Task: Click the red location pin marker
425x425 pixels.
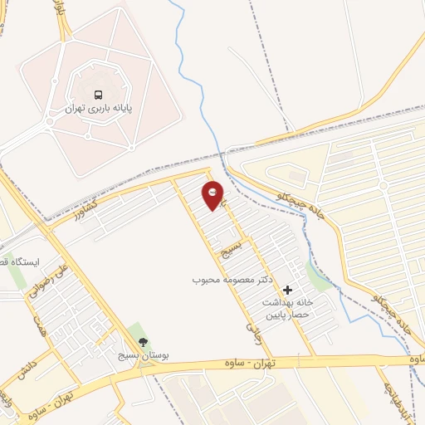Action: (213, 195)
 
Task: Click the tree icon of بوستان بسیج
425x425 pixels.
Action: (142, 341)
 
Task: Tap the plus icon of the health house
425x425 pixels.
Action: (287, 290)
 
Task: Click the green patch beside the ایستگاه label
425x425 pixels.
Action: (17, 278)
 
